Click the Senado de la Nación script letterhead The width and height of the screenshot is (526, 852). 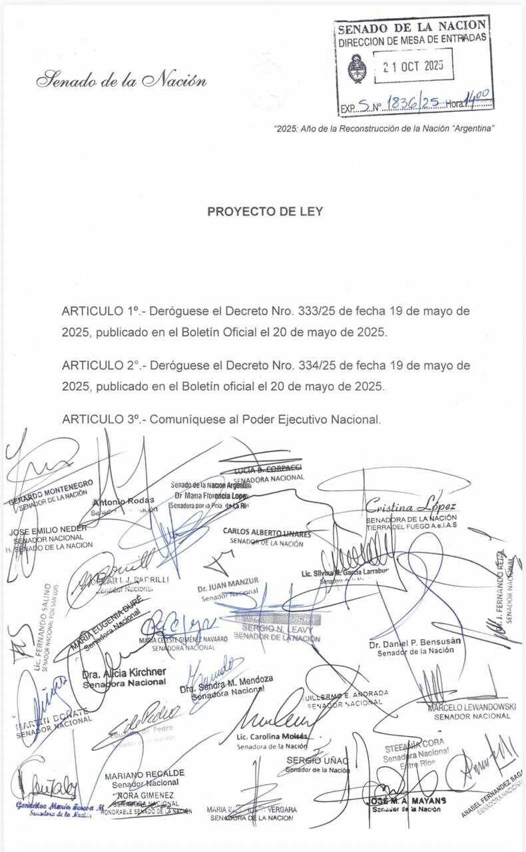pyautogui.click(x=121, y=81)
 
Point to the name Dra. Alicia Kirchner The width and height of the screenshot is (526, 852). pyautogui.click(x=124, y=673)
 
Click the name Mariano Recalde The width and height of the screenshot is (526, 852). pyautogui.click(x=144, y=774)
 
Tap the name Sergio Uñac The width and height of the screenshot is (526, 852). pyautogui.click(x=318, y=760)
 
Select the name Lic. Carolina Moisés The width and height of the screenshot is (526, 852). pyautogui.click(x=272, y=737)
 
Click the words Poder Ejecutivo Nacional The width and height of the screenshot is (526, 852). pyautogui.click(x=312, y=420)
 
